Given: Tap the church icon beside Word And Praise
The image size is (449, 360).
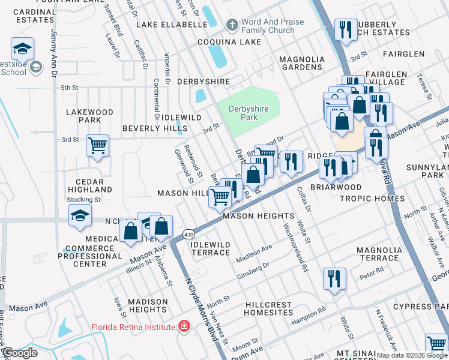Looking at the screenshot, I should [x=232, y=26].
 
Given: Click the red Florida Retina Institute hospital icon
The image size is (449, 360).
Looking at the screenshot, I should [x=184, y=327].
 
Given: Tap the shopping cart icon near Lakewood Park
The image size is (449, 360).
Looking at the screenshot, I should [x=97, y=145].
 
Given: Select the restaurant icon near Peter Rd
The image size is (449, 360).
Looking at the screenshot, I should [x=334, y=278].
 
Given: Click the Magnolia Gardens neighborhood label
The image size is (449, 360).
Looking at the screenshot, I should [x=301, y=63].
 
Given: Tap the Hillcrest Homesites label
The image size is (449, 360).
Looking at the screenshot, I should [x=269, y=308].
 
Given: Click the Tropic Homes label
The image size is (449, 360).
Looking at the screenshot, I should [x=372, y=198].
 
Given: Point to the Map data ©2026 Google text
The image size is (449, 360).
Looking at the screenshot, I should [x=412, y=355].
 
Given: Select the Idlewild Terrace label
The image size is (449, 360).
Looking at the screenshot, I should [x=210, y=248].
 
